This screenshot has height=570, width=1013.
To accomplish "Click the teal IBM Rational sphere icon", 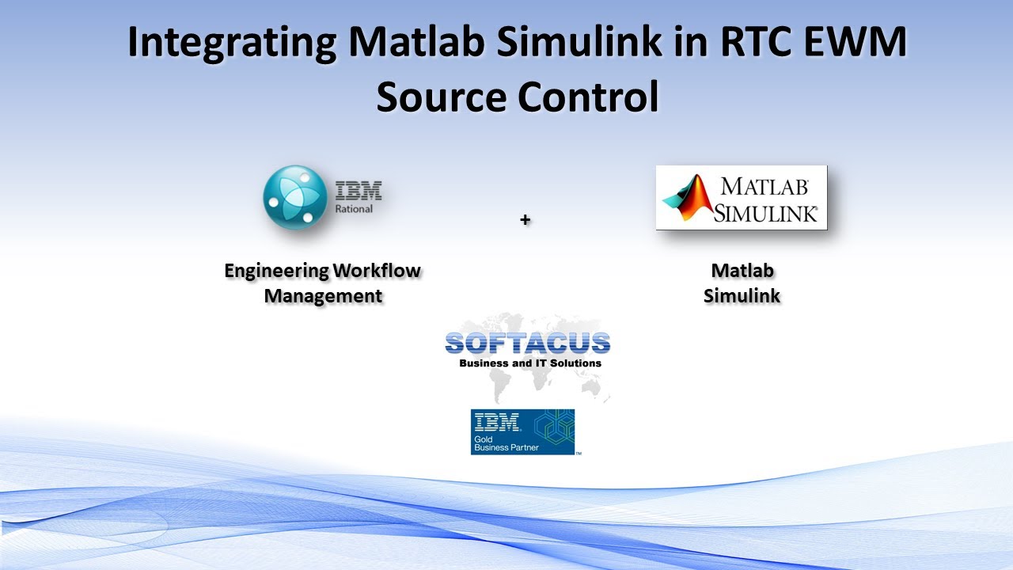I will pos(294,197).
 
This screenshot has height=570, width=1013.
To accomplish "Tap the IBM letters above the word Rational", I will pos(359,191).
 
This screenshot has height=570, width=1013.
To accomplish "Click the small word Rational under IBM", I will pos(355,209).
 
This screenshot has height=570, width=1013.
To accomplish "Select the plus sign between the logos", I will pos(525,220).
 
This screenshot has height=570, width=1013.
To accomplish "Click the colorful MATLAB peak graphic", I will pos(686,197).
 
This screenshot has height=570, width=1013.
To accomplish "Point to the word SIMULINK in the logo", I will pos(765,212).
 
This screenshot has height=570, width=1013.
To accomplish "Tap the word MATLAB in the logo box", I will pos(764,187).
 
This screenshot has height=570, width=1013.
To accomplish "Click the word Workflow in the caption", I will pos(376,271).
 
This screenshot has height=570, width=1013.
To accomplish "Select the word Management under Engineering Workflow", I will pos(323,296).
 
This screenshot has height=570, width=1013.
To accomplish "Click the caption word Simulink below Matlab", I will pos(742,296).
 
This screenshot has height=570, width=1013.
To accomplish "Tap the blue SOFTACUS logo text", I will pos(528,343).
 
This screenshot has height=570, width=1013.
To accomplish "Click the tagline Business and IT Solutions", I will pos(530,363).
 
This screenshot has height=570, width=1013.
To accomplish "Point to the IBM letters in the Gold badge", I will pos(496,421).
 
